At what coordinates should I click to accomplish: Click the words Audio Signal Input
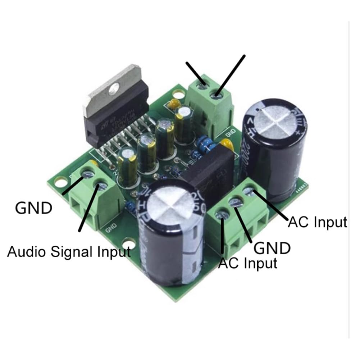[69, 251]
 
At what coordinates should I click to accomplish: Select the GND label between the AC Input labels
[272, 248]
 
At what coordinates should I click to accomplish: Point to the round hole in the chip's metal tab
[115, 87]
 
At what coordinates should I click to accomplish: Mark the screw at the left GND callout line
[87, 174]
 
